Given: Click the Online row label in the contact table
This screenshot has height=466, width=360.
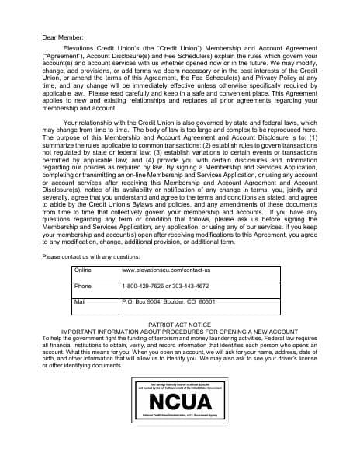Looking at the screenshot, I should (83, 270).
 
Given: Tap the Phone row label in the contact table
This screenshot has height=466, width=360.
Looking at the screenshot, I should (83, 286).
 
